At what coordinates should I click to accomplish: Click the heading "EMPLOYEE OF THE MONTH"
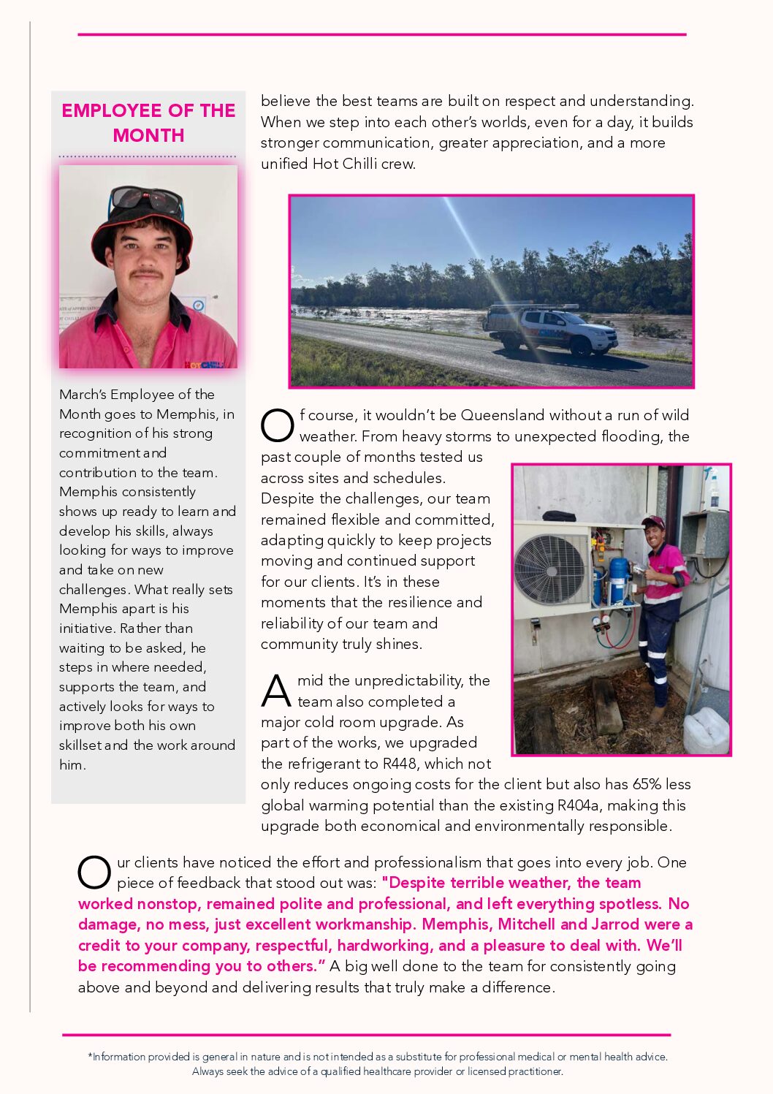pos(148,123)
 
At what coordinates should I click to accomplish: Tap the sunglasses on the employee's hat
pos(146,199)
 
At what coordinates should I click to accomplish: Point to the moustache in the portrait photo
pos(147,274)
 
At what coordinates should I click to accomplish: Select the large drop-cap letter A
pos(276,691)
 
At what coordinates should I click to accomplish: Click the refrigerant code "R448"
pos(400,764)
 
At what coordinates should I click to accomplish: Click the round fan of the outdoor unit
pos(551,569)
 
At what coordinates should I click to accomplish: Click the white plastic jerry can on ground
pos(706,730)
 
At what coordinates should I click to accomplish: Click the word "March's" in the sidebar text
pos(83,395)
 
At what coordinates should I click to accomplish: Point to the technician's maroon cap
pos(652,523)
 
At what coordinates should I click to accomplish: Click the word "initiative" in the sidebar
pos(86,628)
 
